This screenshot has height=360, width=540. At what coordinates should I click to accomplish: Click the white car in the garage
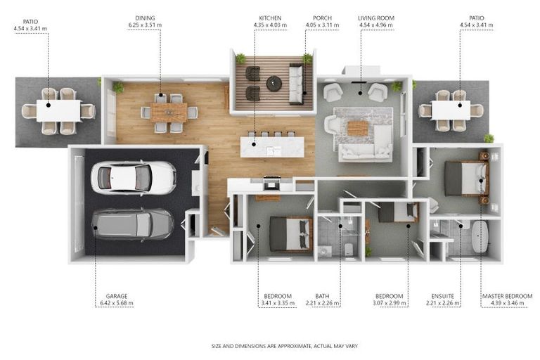click(x=134, y=178)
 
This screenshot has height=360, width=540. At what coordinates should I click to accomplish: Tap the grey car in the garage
click(x=133, y=224)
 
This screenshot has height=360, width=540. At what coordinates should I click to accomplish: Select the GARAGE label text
click(x=117, y=296)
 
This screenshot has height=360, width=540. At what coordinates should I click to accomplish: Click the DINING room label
click(x=145, y=18)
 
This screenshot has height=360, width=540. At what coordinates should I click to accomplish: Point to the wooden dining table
click(x=169, y=112)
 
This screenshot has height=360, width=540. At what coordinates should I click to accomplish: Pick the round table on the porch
click(x=274, y=83)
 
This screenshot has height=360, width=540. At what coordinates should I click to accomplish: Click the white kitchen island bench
click(x=272, y=147)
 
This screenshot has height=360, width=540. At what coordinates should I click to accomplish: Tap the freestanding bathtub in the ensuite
click(x=480, y=237)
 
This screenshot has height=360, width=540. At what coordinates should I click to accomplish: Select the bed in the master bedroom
click(x=466, y=179)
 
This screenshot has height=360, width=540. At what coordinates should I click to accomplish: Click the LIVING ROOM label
click(x=376, y=18)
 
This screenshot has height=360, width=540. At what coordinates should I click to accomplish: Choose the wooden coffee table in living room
click(x=358, y=128)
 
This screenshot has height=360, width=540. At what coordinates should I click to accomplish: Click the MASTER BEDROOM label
click(x=507, y=296)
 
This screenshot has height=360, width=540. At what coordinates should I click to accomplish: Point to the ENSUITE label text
click(x=442, y=296)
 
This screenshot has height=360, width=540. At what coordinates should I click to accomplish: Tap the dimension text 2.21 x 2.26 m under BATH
click(x=322, y=303)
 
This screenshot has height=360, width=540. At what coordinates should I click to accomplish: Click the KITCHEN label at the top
click(x=270, y=18)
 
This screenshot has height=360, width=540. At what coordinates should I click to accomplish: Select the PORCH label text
click(x=322, y=18)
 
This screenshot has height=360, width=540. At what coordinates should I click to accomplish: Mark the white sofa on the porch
click(x=296, y=84)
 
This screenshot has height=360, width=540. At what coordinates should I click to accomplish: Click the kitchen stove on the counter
click(x=272, y=184)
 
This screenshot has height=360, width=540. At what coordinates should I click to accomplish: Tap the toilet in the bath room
click(x=349, y=249)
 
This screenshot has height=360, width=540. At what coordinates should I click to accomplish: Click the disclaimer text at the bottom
click(x=285, y=346)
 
